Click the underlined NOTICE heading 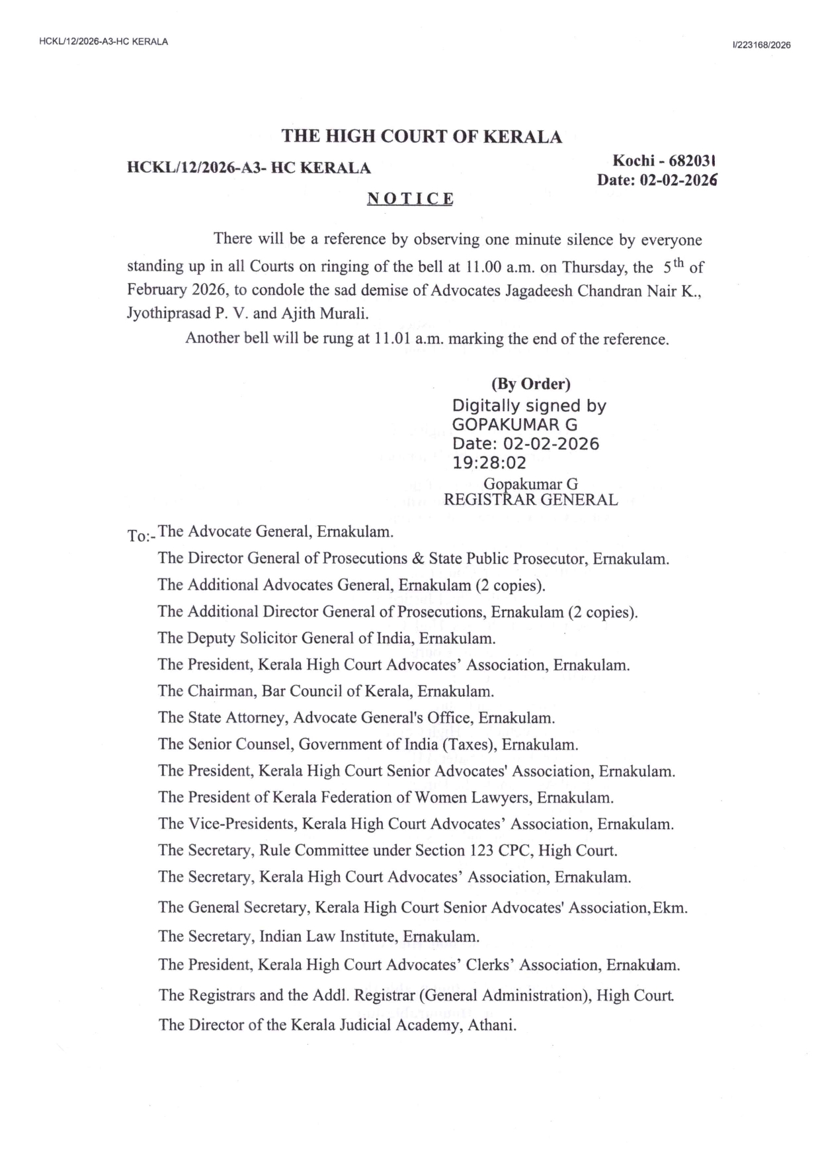pos(410,199)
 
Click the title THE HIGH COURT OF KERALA pos(422,137)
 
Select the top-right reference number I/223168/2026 pos(761,45)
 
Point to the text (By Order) pos(530,384)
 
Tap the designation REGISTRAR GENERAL pos(530,500)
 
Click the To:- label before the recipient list pos(140,535)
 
